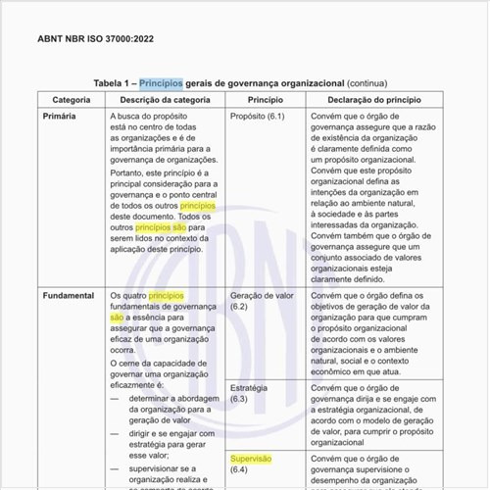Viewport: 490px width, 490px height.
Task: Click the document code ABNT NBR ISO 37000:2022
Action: (95, 39)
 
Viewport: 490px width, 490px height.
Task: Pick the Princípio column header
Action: (266, 100)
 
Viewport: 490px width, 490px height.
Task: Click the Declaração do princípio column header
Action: (374, 100)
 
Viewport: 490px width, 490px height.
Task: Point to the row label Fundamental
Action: (69, 295)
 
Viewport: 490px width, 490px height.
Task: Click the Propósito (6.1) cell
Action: (257, 117)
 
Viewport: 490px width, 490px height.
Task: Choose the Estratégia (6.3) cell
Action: (249, 393)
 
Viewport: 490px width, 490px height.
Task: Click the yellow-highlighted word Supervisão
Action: (251, 459)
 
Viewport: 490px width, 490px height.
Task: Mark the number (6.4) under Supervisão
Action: (239, 470)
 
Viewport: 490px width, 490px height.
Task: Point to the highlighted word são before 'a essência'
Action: (118, 318)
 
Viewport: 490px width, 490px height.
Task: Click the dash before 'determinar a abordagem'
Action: (114, 399)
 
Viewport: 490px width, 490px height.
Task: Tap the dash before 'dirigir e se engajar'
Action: (114, 430)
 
